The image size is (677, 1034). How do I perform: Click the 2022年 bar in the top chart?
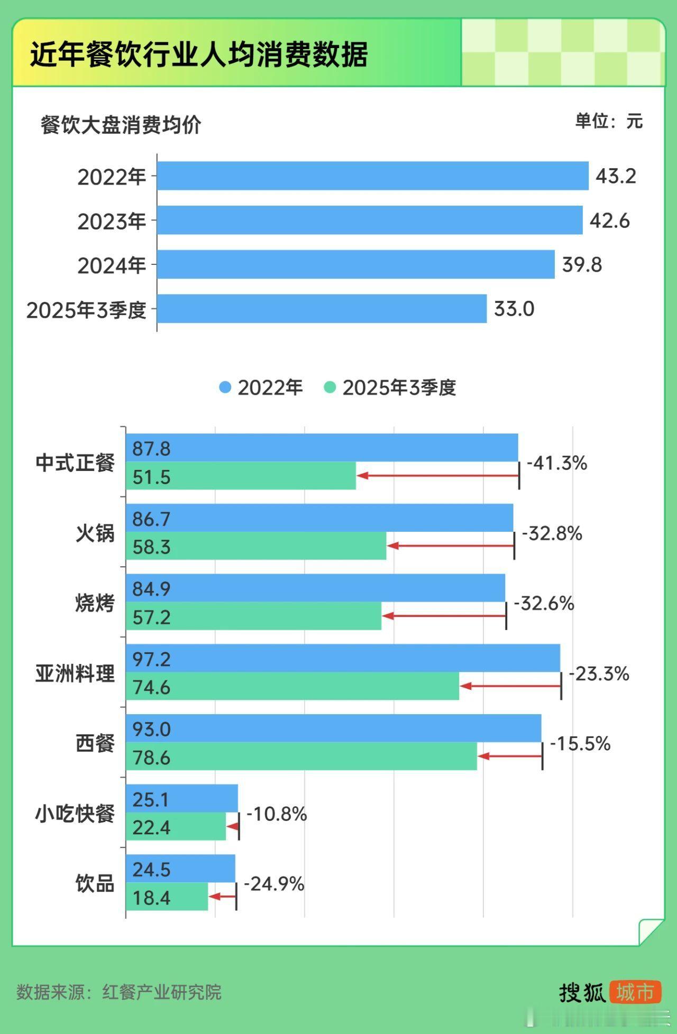click(372, 176)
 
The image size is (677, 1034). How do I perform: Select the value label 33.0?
click(514, 309)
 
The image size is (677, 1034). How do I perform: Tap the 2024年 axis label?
click(112, 265)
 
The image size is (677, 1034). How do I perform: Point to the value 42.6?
click(609, 220)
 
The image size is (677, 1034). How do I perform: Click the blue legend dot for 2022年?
click(225, 387)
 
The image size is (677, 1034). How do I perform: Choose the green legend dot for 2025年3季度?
click(330, 387)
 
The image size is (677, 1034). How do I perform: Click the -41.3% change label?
click(556, 464)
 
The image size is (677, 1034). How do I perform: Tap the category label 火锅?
click(95, 532)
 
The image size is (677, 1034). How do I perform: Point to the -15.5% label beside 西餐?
click(580, 744)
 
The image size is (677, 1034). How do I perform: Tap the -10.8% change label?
click(276, 814)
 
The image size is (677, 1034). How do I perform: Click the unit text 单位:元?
click(608, 121)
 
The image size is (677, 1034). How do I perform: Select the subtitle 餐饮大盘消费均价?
click(121, 125)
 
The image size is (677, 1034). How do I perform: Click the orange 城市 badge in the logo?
click(635, 992)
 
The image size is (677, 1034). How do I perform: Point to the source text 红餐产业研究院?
click(162, 992)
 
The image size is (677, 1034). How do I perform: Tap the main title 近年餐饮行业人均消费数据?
click(198, 54)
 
